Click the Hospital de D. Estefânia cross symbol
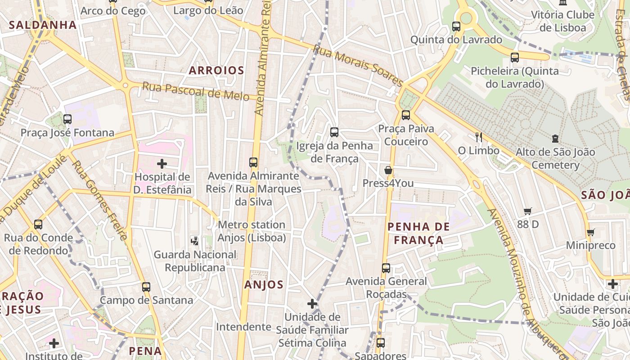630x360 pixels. tap(162, 164)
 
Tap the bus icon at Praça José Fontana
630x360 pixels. tap(67, 119)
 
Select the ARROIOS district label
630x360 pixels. tap(216, 70)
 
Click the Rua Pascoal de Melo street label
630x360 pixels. tap(196, 91)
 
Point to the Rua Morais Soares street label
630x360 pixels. tap(358, 65)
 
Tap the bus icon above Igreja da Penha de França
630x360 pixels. tap(334, 132)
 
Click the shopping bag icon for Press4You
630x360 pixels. tap(388, 170)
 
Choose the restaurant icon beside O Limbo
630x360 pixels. tap(478, 137)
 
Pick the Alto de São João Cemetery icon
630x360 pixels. tap(555, 139)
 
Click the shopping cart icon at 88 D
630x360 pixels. tap(528, 211)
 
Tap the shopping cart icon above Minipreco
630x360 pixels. tap(590, 232)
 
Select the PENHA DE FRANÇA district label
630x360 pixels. tap(418, 233)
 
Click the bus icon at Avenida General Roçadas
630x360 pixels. tap(386, 268)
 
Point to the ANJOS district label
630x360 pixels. tap(264, 284)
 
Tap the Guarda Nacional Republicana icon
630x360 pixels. tap(194, 241)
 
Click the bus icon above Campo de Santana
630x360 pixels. tap(146, 287)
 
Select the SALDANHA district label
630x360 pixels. tap(43, 25)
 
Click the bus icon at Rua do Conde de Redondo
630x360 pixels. tap(38, 224)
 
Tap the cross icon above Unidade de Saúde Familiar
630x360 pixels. tap(312, 304)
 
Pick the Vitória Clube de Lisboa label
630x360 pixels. tap(562, 21)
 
